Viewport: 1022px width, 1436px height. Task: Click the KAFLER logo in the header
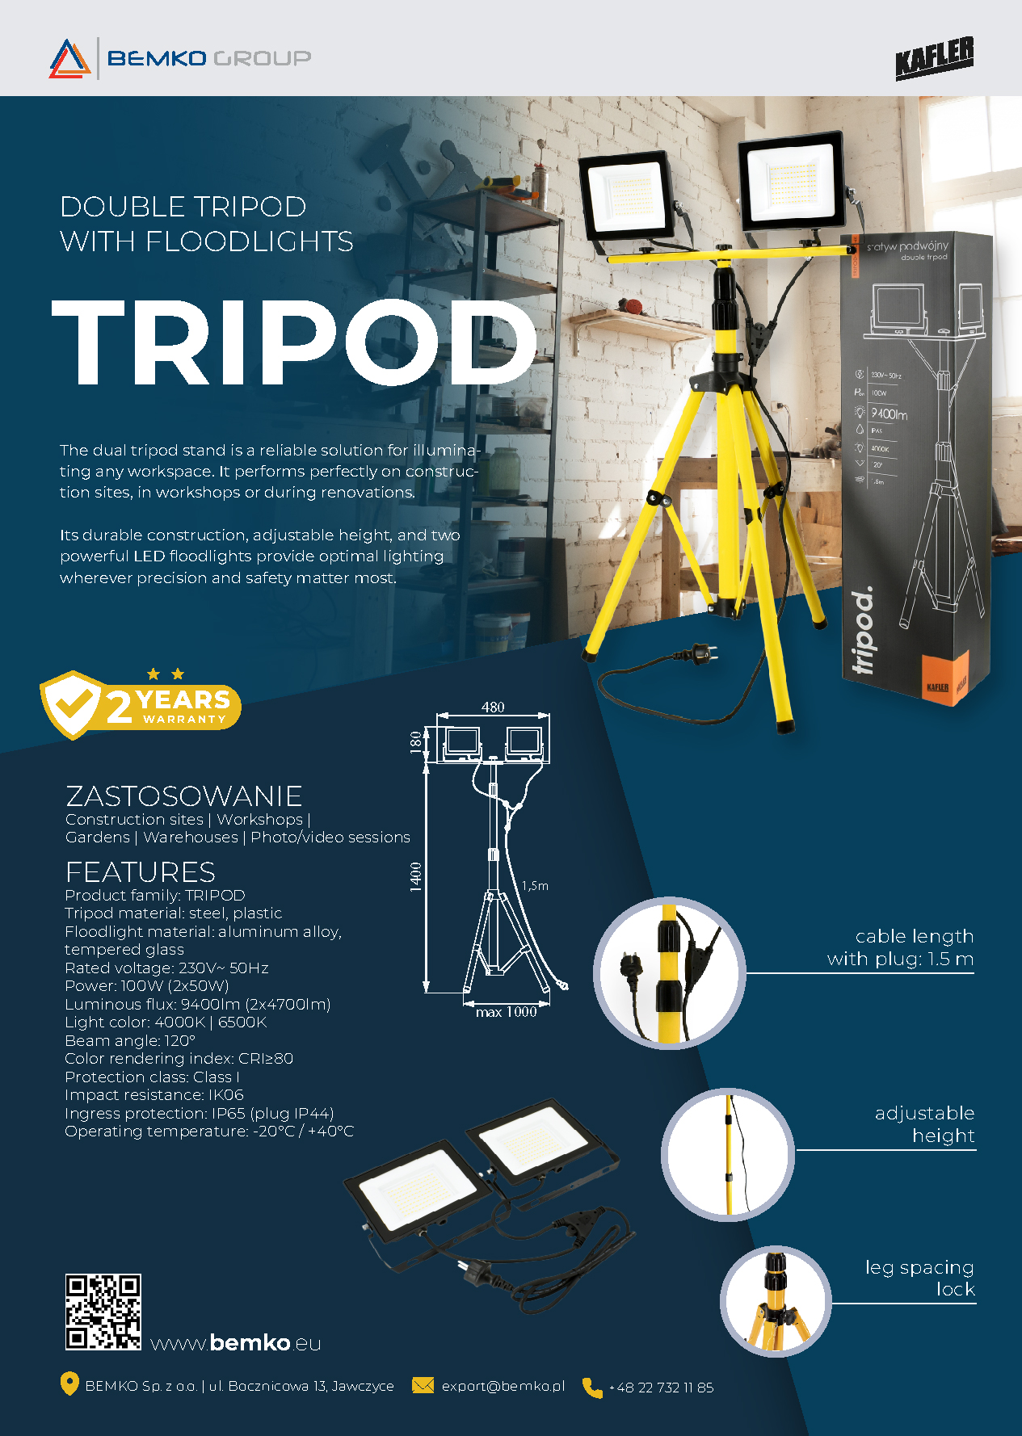click(934, 58)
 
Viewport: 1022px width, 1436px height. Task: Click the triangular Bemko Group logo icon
click(69, 58)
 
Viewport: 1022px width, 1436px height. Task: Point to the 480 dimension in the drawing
click(493, 708)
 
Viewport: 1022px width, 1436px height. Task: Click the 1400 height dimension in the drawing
click(416, 876)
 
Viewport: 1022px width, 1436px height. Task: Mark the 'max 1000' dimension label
click(506, 1013)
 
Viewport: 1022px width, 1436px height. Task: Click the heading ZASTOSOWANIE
click(184, 796)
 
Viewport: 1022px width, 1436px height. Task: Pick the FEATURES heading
click(141, 872)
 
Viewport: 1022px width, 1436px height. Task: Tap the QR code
click(103, 1312)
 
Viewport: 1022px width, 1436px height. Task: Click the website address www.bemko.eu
click(236, 1343)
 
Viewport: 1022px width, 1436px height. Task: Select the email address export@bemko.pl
click(503, 1387)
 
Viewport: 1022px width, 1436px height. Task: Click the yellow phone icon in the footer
click(592, 1388)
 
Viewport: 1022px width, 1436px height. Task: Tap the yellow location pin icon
click(69, 1384)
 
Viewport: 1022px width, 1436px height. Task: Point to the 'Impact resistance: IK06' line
click(154, 1095)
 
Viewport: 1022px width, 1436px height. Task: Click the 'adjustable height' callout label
click(924, 1124)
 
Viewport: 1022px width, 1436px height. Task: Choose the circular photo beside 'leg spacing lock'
click(776, 1301)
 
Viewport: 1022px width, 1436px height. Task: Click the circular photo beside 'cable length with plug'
click(670, 972)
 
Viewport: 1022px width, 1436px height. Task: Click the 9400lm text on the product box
click(889, 414)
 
